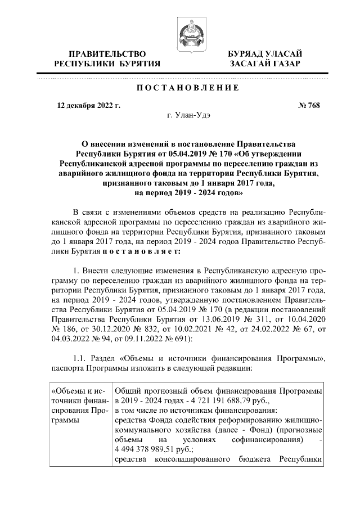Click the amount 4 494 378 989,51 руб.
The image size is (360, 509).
tap(154, 449)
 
